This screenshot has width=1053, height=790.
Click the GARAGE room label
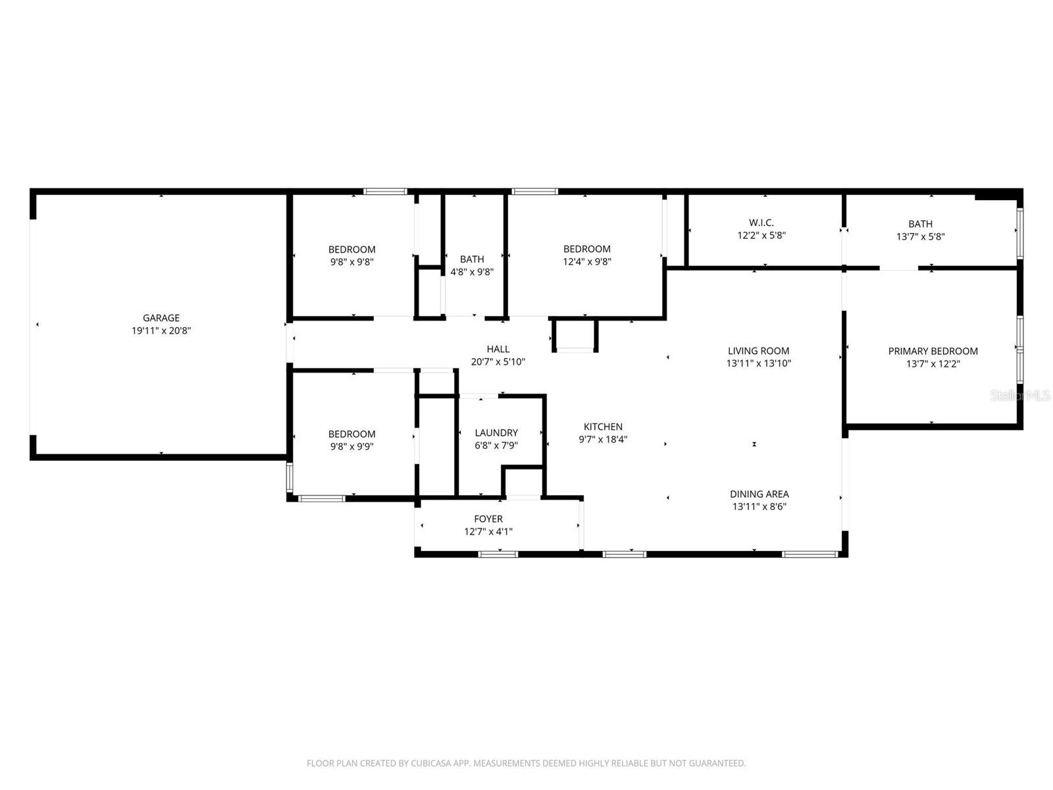[x=161, y=318]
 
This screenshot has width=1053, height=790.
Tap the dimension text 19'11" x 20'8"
[x=161, y=331]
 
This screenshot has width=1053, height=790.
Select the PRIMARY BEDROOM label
[x=933, y=351]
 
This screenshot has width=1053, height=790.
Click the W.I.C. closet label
[x=761, y=223]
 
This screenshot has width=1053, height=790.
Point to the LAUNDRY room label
[x=496, y=433]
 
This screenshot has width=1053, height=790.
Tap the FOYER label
[x=488, y=519]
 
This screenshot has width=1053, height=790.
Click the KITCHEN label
[x=603, y=427]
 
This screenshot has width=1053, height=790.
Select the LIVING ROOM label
[x=758, y=351]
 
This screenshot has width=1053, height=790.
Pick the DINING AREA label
[x=759, y=494]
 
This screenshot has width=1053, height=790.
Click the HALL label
[x=498, y=349]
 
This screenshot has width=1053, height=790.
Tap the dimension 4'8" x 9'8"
[x=472, y=272]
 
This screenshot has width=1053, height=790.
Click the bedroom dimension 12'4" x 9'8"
[x=587, y=261]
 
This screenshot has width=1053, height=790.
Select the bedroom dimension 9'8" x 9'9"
[x=352, y=446]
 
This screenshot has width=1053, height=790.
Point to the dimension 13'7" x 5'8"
[x=920, y=236]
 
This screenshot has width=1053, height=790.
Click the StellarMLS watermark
[x=1021, y=395]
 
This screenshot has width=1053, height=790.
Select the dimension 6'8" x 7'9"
[x=496, y=445]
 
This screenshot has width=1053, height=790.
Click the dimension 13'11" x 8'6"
[x=759, y=506]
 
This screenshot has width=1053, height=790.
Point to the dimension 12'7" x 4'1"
[x=488, y=531]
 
